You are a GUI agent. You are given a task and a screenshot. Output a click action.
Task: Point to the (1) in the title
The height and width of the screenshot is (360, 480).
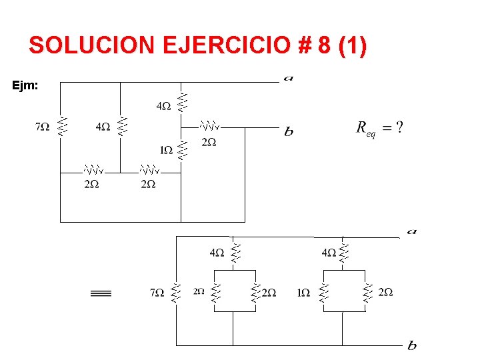(353, 45)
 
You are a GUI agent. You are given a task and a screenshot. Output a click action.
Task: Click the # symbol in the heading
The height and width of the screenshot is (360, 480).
(305, 45)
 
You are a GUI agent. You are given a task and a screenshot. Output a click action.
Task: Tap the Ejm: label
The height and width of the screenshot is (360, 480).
(25, 85)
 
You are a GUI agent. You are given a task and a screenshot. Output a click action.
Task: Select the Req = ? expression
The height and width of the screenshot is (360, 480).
(379, 128)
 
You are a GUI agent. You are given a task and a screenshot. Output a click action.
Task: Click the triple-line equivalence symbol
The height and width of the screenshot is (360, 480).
(101, 293)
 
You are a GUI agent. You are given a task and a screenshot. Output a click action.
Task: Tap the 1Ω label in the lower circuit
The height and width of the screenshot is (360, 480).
(303, 292)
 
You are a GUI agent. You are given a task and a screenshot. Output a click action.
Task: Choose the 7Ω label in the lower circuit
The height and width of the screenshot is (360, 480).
(157, 292)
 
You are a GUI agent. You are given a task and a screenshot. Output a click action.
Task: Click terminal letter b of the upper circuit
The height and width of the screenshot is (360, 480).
(288, 132)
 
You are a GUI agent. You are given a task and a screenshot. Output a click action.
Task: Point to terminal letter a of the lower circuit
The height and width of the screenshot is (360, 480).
(411, 231)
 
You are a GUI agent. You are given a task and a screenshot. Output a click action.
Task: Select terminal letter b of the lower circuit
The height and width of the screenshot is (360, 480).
(411, 345)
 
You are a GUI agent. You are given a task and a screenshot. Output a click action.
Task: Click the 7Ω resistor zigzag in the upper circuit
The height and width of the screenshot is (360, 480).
(61, 125)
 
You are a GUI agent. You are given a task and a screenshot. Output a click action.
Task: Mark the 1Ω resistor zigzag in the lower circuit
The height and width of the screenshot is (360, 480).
(323, 292)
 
